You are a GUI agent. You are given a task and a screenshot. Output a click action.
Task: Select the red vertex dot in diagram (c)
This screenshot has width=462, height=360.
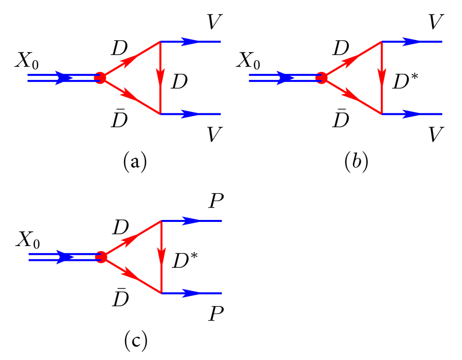tap(101, 257)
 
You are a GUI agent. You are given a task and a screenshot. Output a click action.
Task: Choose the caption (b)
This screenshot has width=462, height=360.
tap(356, 161)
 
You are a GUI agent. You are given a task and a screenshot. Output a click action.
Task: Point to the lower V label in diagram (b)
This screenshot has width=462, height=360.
tap(435, 134)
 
